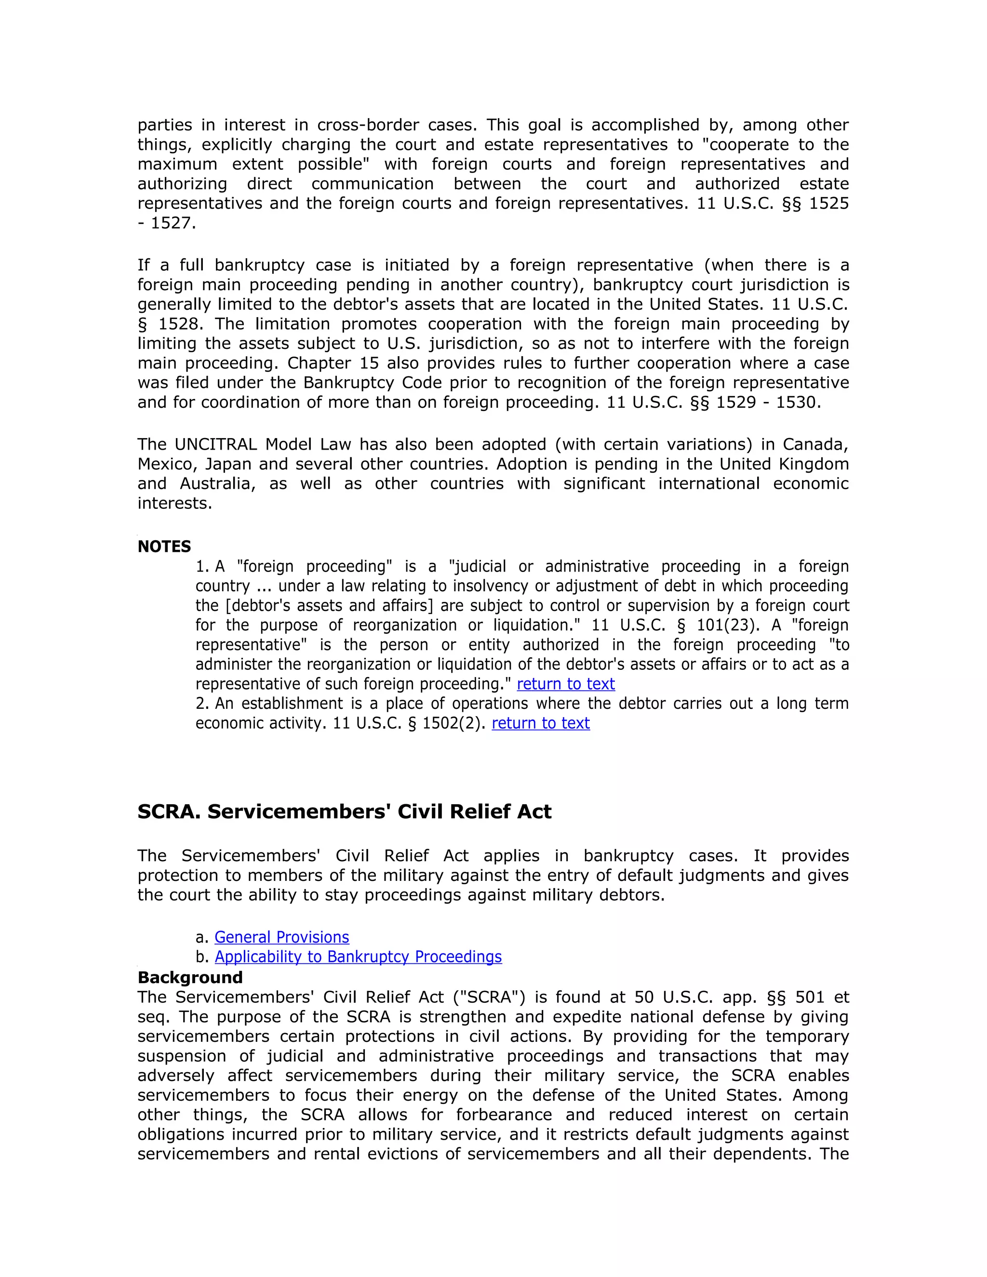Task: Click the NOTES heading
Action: click(164, 547)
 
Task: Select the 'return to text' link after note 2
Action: click(540, 723)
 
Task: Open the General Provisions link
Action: click(281, 937)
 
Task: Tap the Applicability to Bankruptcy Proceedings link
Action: click(358, 957)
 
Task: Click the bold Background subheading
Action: click(189, 977)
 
